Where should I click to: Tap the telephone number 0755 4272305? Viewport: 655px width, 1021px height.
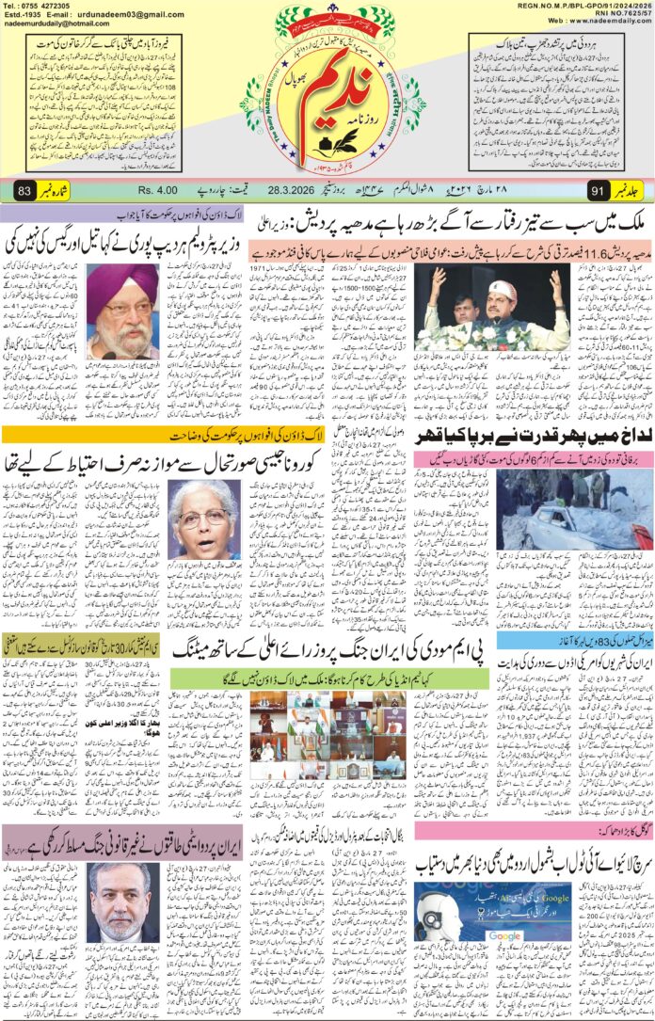tap(48, 7)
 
